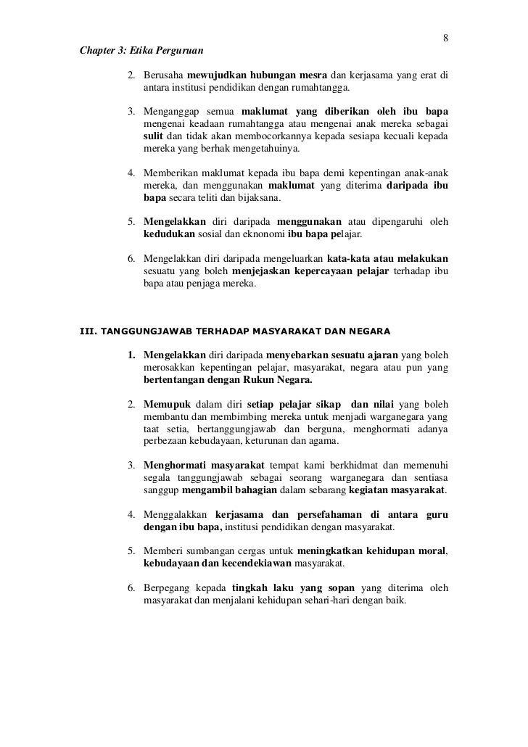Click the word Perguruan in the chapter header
pos(176,51)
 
